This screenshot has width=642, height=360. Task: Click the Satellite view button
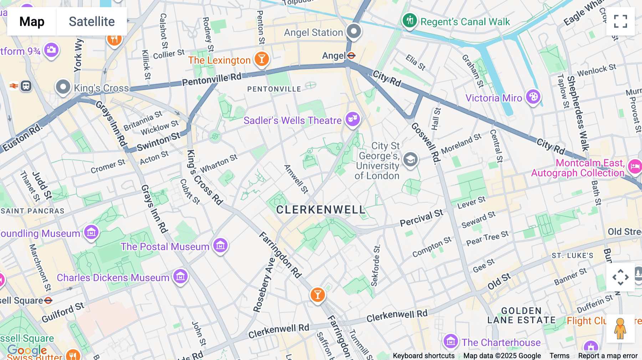pos(92,21)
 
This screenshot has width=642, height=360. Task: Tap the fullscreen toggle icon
pos(620,21)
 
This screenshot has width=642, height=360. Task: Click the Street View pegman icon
pos(620,329)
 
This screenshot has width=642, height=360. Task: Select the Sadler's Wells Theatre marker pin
pos(352,119)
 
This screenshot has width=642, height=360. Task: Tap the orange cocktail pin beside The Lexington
pos(261,59)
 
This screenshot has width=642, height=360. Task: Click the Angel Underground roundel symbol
pos(351,56)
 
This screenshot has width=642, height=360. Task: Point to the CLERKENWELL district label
pos(321,210)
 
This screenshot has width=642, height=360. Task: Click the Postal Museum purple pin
pos(220,245)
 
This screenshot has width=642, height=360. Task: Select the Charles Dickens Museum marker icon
pos(180,277)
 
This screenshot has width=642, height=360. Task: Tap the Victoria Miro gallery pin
pos(533,97)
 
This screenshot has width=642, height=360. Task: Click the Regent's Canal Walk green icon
pos(410,20)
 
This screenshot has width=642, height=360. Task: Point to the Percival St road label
pos(421,218)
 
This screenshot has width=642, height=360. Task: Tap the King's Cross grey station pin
pos(63,87)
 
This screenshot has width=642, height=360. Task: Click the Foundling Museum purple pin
pos(91,233)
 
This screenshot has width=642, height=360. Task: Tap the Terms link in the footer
pos(559,355)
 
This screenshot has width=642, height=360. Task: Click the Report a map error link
pos(608,355)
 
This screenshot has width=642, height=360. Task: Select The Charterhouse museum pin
pos(450,341)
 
